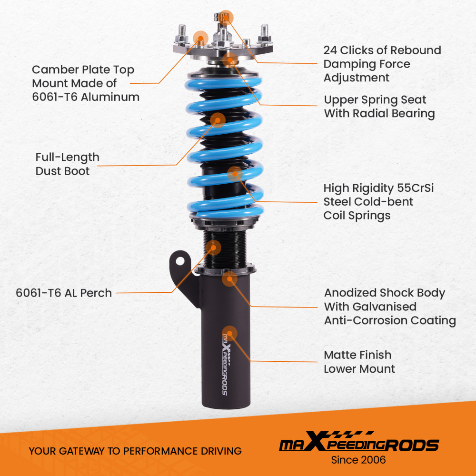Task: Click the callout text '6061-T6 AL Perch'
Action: click(64, 293)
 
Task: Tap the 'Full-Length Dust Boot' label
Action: click(67, 164)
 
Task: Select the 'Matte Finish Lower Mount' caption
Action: click(359, 362)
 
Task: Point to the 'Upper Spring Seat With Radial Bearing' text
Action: click(379, 107)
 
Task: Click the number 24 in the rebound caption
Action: click(330, 50)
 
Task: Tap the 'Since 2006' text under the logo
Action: click(358, 460)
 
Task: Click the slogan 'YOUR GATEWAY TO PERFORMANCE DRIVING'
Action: click(135, 451)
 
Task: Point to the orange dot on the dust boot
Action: click(218, 120)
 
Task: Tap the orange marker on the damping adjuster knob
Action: click(226, 17)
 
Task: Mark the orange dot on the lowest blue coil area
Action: click(235, 174)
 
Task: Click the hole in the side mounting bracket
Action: click(180, 261)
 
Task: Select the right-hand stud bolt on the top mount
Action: click(264, 33)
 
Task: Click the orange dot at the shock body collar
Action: click(229, 279)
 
